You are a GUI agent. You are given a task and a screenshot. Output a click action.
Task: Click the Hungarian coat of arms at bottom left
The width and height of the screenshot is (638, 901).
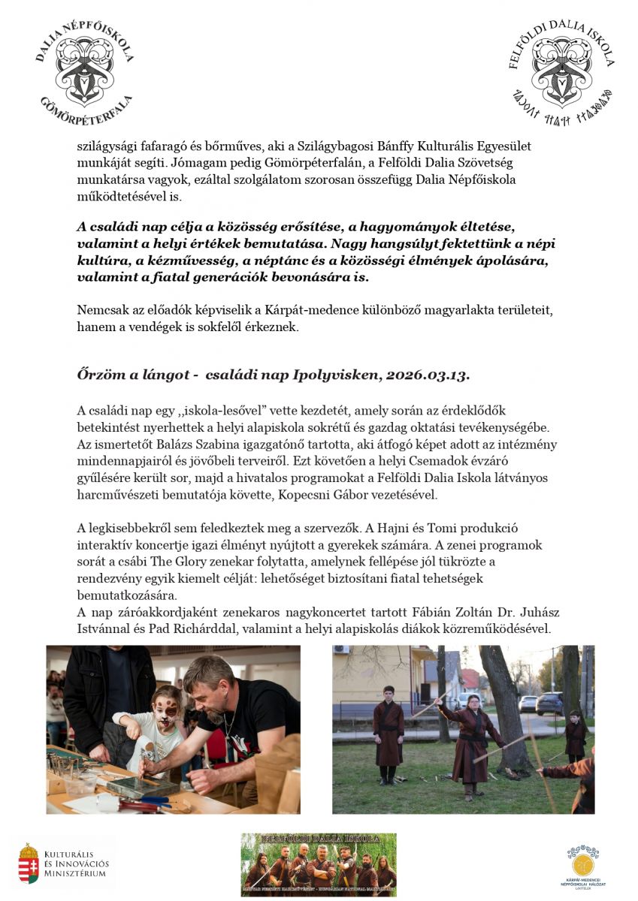point(29,863)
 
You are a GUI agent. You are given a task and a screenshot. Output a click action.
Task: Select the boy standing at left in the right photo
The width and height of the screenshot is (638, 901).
point(388,732)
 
